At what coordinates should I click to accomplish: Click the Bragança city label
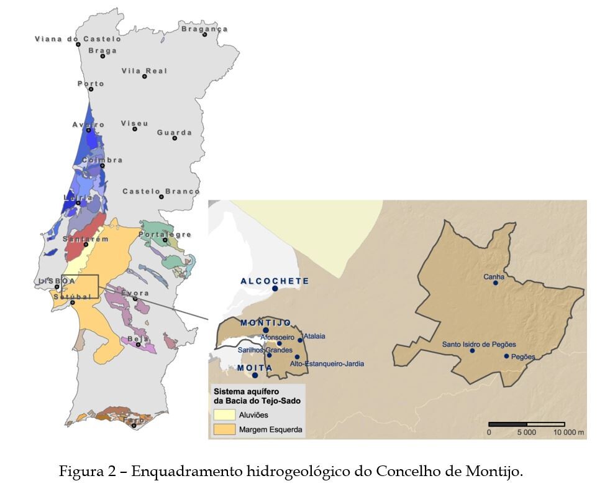[x=204, y=29]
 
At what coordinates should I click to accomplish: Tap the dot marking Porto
[x=91, y=90]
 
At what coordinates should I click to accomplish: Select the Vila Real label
[x=144, y=70]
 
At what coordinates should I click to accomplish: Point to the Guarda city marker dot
[x=175, y=138]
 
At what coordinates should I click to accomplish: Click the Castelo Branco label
[x=161, y=191]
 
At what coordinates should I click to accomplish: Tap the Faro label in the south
[x=134, y=420]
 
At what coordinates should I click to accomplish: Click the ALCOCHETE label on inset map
[x=275, y=281]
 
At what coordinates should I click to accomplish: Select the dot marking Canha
[x=495, y=283]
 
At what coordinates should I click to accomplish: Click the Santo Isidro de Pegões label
[x=478, y=344]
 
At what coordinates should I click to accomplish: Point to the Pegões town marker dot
[x=506, y=357]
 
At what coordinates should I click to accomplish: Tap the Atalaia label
[x=314, y=336]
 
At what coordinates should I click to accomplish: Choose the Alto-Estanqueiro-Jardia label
[x=327, y=363]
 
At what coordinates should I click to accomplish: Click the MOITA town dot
[x=255, y=375]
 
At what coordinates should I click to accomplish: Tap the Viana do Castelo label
[x=78, y=39]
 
